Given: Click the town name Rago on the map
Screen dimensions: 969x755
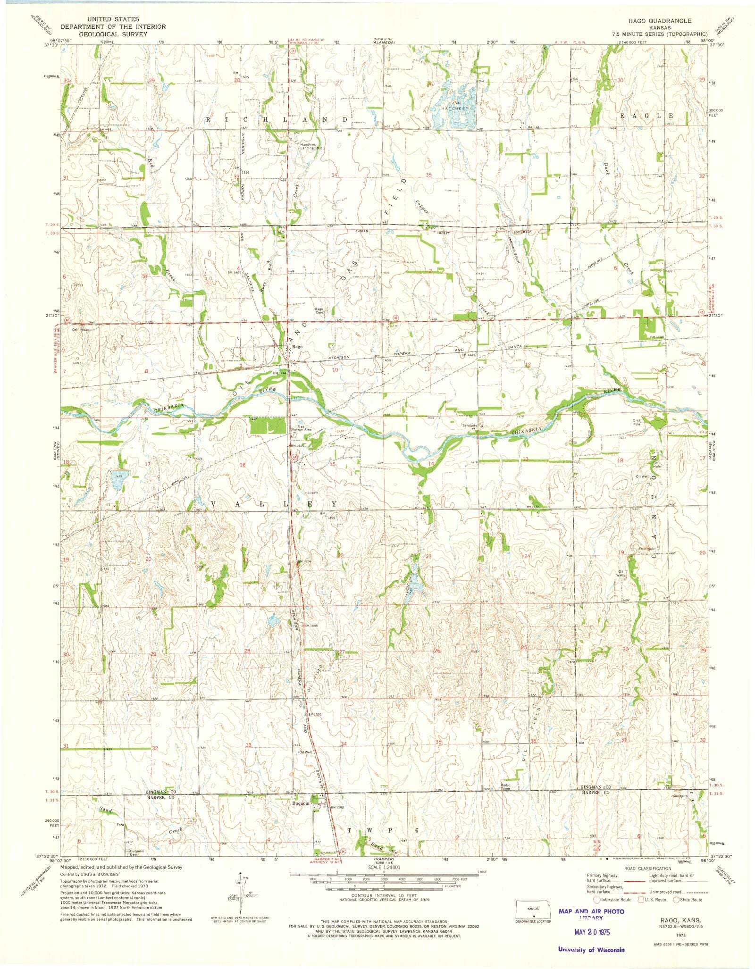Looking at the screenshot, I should pyautogui.click(x=297, y=347).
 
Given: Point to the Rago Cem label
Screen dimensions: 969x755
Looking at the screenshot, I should pyautogui.click(x=319, y=311).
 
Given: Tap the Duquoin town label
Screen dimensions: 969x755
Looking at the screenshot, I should pyautogui.click(x=302, y=804).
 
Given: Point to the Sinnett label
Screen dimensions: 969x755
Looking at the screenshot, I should pyautogui.click(x=312, y=493).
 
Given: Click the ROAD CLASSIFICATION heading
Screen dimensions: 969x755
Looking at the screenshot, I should pyautogui.click(x=647, y=869).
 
